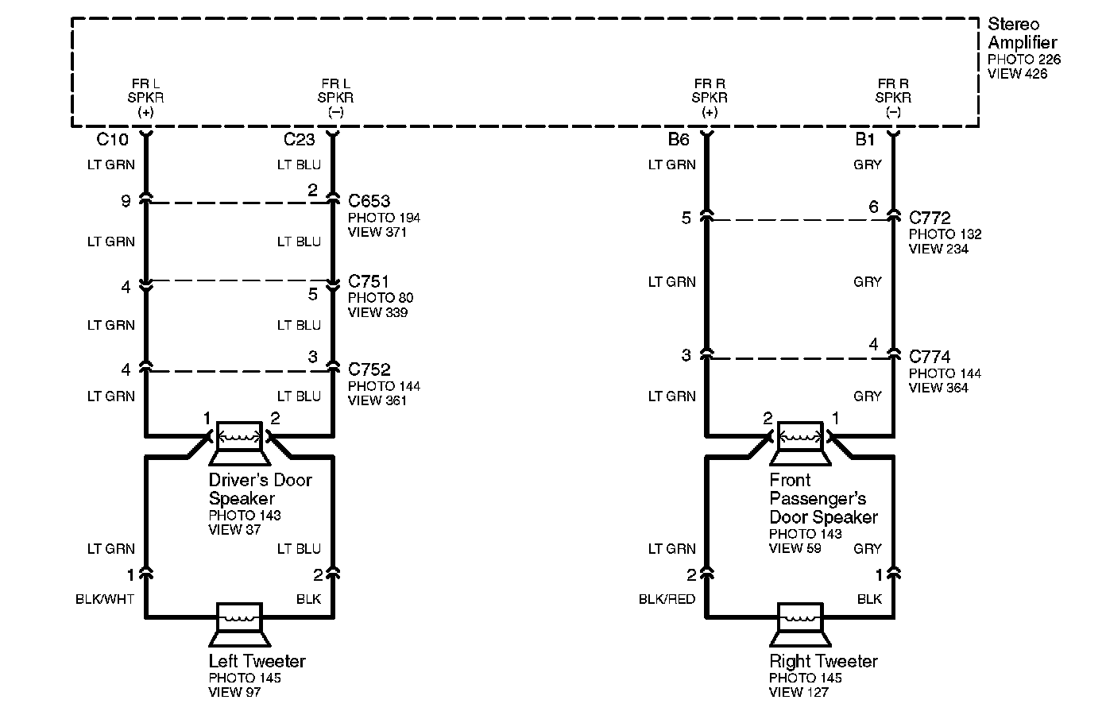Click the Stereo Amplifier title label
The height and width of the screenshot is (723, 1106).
pyautogui.click(x=1022, y=33)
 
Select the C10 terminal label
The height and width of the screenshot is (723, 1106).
pyautogui.click(x=112, y=140)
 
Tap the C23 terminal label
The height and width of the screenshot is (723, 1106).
pyautogui.click(x=300, y=140)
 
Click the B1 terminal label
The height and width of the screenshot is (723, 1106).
pyautogui.click(x=864, y=140)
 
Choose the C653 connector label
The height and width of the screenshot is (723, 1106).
pyautogui.click(x=369, y=201)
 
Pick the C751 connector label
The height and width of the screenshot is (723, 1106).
pyautogui.click(x=369, y=281)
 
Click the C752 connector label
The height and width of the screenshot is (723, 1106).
pyautogui.click(x=369, y=369)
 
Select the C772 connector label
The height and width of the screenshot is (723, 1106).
pyautogui.click(x=930, y=217)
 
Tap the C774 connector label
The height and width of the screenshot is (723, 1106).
pyautogui.click(x=930, y=357)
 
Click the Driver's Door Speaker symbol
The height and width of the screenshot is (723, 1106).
pyautogui.click(x=239, y=443)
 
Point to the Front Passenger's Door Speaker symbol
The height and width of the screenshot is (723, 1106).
pyautogui.click(x=800, y=443)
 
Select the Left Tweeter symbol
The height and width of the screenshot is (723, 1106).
pyautogui.click(x=239, y=624)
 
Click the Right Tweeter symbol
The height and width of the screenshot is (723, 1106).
pyautogui.click(x=800, y=624)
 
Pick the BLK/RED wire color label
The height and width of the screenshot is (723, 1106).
pyautogui.click(x=667, y=599)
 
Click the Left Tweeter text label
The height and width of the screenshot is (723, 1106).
pyautogui.click(x=257, y=661)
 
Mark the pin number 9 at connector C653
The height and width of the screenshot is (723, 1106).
pyautogui.click(x=126, y=202)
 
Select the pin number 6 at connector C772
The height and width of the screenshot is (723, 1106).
pyautogui.click(x=873, y=207)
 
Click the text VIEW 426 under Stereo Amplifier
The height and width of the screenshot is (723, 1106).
pyautogui.click(x=1017, y=74)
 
